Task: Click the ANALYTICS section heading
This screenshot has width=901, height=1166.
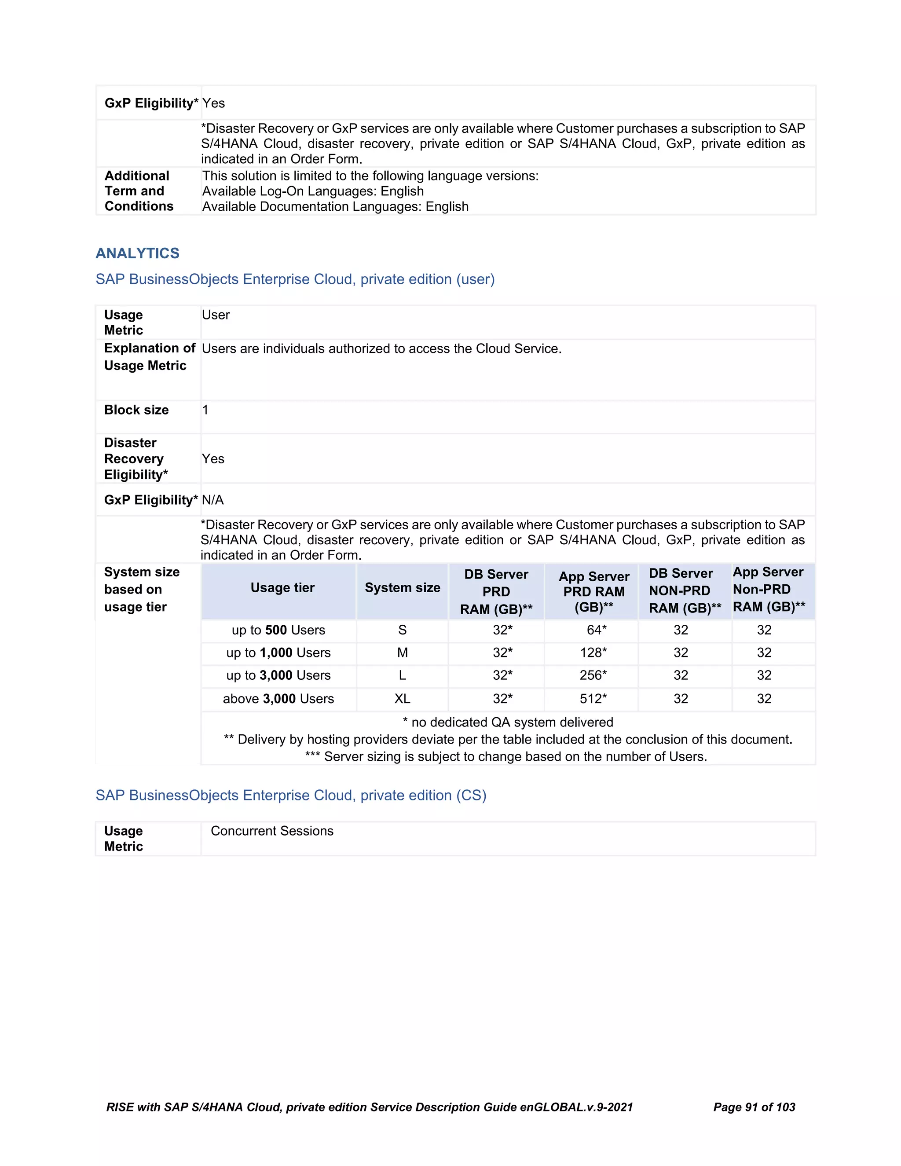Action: pyautogui.click(x=137, y=253)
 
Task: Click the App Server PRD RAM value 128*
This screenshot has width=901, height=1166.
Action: pyautogui.click(x=593, y=653)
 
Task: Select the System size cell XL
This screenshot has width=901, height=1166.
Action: pyautogui.click(x=402, y=698)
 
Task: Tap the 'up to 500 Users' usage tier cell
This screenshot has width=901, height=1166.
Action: pyautogui.click(x=278, y=630)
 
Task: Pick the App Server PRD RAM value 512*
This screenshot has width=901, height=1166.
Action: pyautogui.click(x=593, y=698)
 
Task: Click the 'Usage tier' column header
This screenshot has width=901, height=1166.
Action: pyautogui.click(x=282, y=588)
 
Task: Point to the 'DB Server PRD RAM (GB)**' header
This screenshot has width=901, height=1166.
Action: pyautogui.click(x=496, y=591)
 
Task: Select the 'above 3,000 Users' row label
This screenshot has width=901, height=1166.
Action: pyautogui.click(x=278, y=698)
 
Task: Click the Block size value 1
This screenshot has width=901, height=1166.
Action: pyautogui.click(x=205, y=410)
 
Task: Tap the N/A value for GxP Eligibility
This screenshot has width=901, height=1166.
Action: pyautogui.click(x=212, y=500)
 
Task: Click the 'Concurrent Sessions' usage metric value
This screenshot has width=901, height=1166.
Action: pyautogui.click(x=272, y=831)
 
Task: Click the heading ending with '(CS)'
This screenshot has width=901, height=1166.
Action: pyautogui.click(x=291, y=795)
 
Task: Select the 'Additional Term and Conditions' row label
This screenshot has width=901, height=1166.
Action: pyautogui.click(x=139, y=191)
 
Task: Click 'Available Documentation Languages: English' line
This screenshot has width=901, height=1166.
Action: pyautogui.click(x=335, y=207)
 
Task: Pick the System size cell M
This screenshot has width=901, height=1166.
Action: pyautogui.click(x=402, y=653)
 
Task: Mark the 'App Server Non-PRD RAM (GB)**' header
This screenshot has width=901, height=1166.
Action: pyautogui.click(x=768, y=590)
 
